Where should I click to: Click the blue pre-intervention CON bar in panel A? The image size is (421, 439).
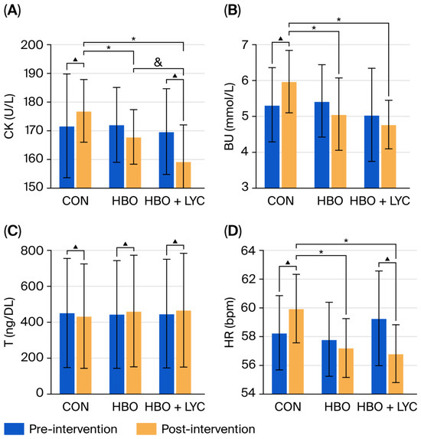click(67, 157)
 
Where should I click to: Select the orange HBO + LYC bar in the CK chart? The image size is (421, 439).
click(184, 175)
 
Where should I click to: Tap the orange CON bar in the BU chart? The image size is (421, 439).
click(289, 135)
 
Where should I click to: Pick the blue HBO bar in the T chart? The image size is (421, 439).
click(117, 354)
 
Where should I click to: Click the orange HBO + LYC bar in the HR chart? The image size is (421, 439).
click(396, 374)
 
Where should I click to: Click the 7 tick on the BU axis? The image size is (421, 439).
click(245, 44)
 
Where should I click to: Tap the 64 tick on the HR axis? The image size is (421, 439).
click(248, 251)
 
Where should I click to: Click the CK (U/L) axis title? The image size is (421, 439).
click(9, 116)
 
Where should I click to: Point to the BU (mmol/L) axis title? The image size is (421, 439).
click(229, 116)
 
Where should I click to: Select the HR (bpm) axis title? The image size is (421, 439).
click(229, 323)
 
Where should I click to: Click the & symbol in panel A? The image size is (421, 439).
click(158, 62)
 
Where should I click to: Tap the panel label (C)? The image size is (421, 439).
click(12, 231)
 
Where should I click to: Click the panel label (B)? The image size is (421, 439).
click(232, 11)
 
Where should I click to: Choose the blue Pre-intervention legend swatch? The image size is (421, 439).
click(14, 428)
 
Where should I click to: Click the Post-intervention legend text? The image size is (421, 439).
click(208, 429)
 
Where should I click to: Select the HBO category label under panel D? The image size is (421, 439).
click(338, 407)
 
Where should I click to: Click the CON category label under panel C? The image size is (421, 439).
click(76, 407)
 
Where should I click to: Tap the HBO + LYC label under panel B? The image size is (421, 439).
click(380, 201)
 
